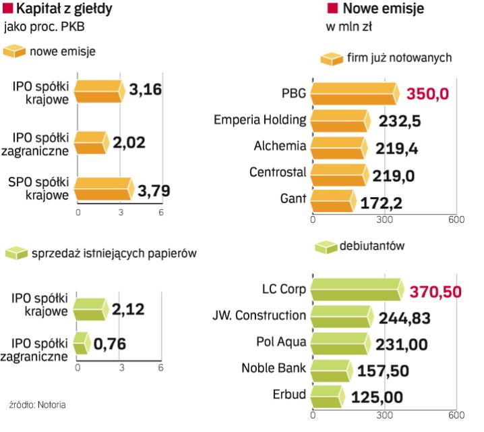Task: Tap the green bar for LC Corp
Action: click(x=357, y=289)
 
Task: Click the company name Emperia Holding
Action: click(x=260, y=120)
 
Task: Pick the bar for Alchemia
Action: click(x=339, y=146)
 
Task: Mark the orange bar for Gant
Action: click(x=333, y=200)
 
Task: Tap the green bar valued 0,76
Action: click(x=82, y=344)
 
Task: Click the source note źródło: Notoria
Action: click(x=38, y=404)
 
